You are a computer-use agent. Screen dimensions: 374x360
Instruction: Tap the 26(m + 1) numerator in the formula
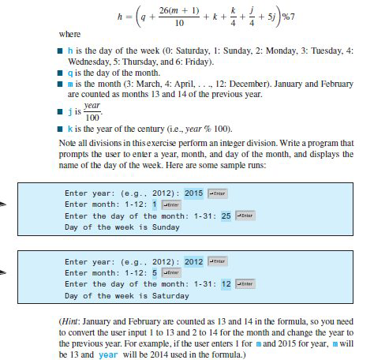(x=170, y=9)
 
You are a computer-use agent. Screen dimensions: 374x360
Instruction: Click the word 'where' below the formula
(x=70, y=35)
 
